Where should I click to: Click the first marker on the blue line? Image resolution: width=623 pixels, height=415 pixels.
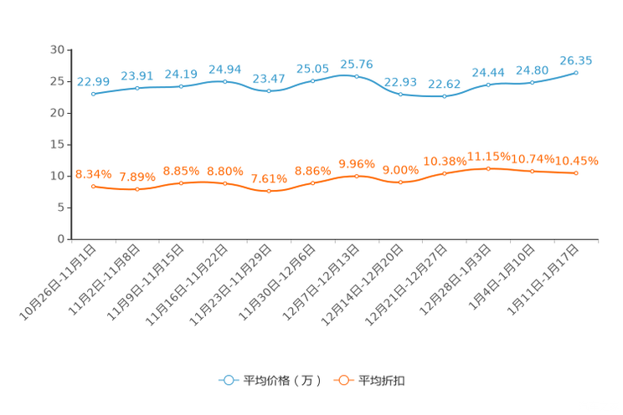(93, 94)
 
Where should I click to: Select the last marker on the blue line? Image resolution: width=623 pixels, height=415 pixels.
(576, 72)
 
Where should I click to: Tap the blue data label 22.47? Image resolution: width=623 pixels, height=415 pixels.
(269, 78)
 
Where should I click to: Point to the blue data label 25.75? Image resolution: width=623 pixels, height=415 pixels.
(357, 64)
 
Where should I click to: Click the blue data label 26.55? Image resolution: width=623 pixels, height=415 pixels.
(576, 60)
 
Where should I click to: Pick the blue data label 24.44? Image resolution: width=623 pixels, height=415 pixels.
(488, 73)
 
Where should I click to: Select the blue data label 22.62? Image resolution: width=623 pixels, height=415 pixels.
(444, 84)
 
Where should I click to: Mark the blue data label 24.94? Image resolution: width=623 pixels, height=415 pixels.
(224, 69)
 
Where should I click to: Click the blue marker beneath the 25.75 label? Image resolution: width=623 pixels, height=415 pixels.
(357, 76)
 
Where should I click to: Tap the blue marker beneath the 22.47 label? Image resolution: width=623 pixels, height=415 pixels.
(269, 90)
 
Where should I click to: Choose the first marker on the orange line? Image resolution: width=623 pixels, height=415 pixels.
(93, 186)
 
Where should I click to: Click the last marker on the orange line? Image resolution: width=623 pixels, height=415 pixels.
(576, 172)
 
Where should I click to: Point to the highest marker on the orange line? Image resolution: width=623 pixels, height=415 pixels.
(488, 168)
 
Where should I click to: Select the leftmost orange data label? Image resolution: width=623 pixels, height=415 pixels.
(93, 174)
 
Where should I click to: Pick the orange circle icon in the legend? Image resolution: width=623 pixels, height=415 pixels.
(343, 380)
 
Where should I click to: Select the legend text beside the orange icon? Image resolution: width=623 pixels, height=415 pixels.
(382, 381)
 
